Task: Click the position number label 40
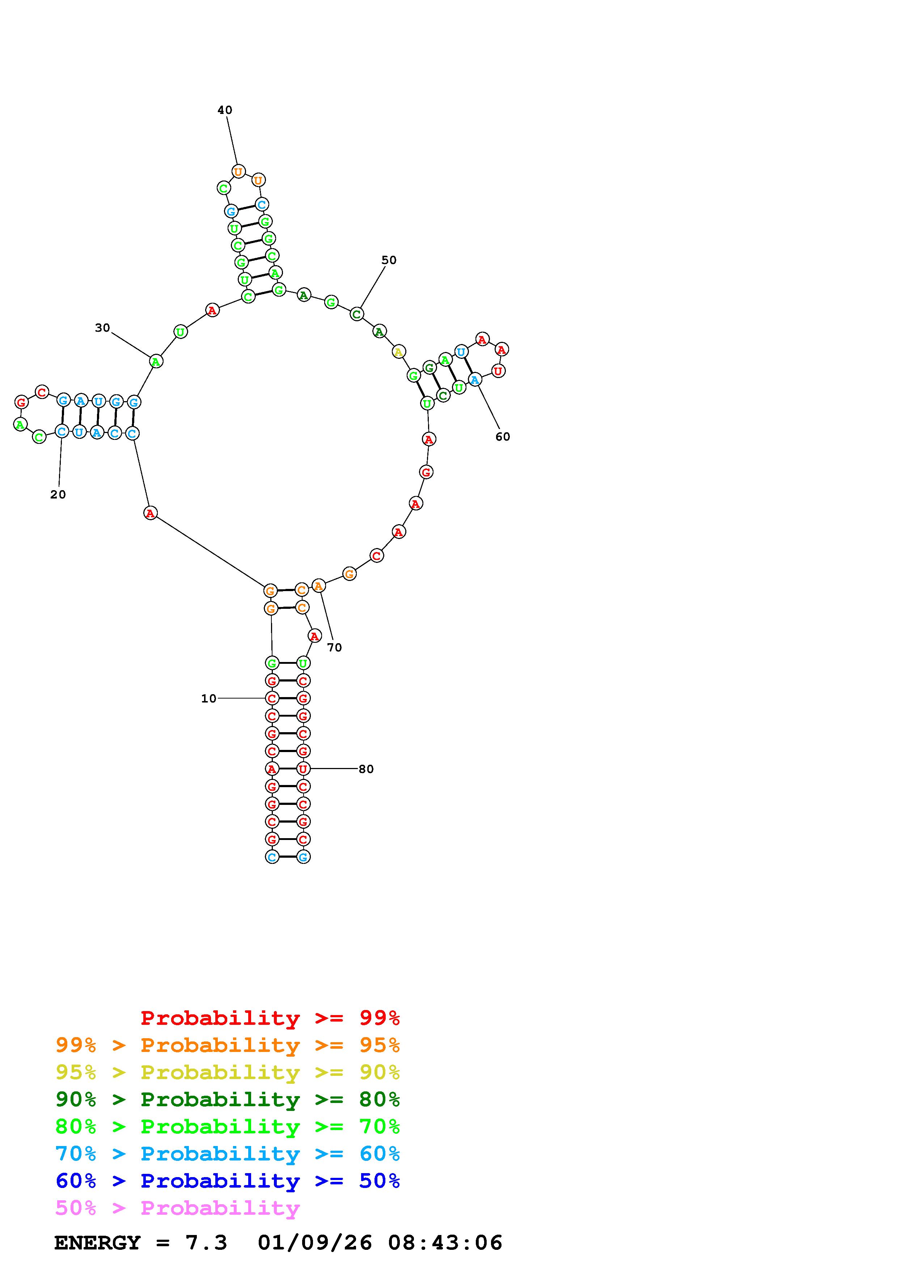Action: (x=224, y=110)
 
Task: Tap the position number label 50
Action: (x=389, y=260)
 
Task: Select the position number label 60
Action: (x=502, y=437)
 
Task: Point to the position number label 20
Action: (x=58, y=495)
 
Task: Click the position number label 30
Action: (x=102, y=328)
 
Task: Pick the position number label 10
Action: (x=208, y=699)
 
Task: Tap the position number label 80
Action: (x=366, y=769)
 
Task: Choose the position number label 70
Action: (x=334, y=647)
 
